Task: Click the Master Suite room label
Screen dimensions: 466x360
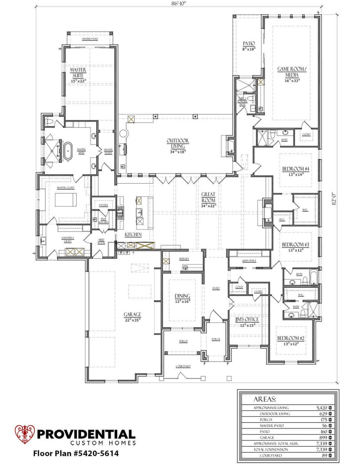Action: point(78,72)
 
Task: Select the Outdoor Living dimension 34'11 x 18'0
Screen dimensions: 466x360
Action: point(178,151)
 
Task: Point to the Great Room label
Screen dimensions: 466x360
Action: point(208,197)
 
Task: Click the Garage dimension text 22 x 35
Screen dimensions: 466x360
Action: point(132,320)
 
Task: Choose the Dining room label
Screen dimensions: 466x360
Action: point(182,296)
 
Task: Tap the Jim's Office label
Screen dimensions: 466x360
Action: point(247,319)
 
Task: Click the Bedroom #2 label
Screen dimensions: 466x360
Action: point(290,338)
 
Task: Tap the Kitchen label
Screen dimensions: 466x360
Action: point(133,234)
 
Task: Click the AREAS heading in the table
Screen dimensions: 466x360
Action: point(264,399)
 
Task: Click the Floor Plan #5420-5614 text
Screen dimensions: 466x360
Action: point(76,453)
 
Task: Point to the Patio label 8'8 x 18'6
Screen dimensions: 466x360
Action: point(249,46)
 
